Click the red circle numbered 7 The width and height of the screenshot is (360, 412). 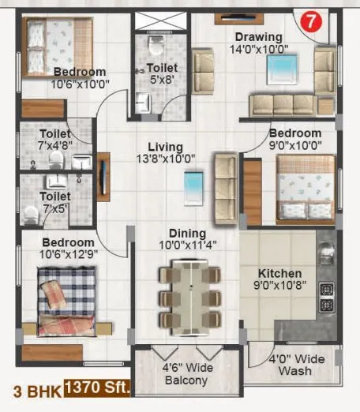(x=312, y=21)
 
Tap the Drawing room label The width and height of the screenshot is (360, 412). (x=258, y=37)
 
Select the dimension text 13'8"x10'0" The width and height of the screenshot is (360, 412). (x=165, y=159)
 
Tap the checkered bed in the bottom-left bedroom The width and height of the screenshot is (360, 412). (x=67, y=301)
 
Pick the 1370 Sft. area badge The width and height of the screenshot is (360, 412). (x=99, y=388)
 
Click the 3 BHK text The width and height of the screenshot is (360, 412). (x=34, y=388)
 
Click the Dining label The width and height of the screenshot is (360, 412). (x=186, y=234)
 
